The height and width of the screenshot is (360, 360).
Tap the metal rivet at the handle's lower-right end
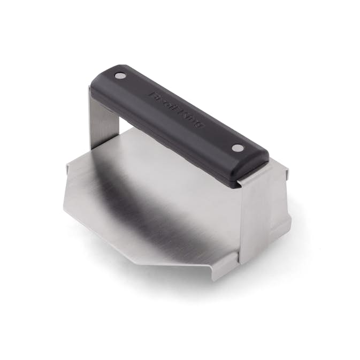236,147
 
